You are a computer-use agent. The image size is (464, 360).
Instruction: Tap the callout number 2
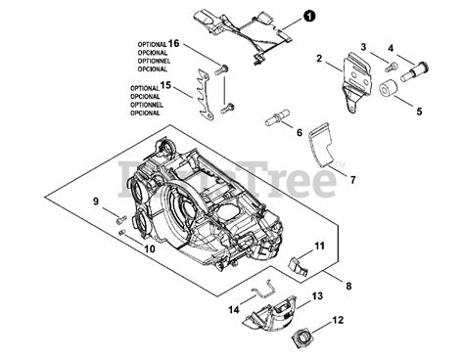[x=319, y=60]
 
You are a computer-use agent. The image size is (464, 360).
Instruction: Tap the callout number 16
[x=174, y=44]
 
